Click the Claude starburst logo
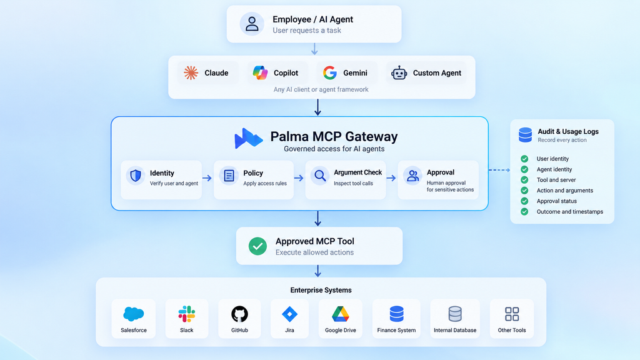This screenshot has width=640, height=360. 191,73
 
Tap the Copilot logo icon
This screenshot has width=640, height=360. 260,72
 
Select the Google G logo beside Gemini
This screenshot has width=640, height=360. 330,72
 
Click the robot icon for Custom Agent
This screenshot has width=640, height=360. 399,73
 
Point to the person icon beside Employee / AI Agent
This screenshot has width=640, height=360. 252,24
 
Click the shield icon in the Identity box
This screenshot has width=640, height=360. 136,176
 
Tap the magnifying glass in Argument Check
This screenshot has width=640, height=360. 321,176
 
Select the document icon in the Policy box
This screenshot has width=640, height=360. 229,176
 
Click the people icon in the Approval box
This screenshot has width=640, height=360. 412,176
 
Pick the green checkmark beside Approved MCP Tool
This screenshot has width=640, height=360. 257,246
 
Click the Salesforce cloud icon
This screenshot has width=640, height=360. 134,314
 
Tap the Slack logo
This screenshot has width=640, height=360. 186,314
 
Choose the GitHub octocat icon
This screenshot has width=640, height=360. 239,314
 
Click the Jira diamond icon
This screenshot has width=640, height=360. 289,314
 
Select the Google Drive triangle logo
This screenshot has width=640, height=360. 341,314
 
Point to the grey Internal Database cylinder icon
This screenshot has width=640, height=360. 455,314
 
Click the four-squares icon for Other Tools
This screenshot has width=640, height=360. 512,314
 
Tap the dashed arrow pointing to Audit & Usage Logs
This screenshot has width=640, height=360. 499,170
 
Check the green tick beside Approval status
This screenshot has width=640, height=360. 524,201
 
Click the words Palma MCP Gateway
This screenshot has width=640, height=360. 334,136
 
